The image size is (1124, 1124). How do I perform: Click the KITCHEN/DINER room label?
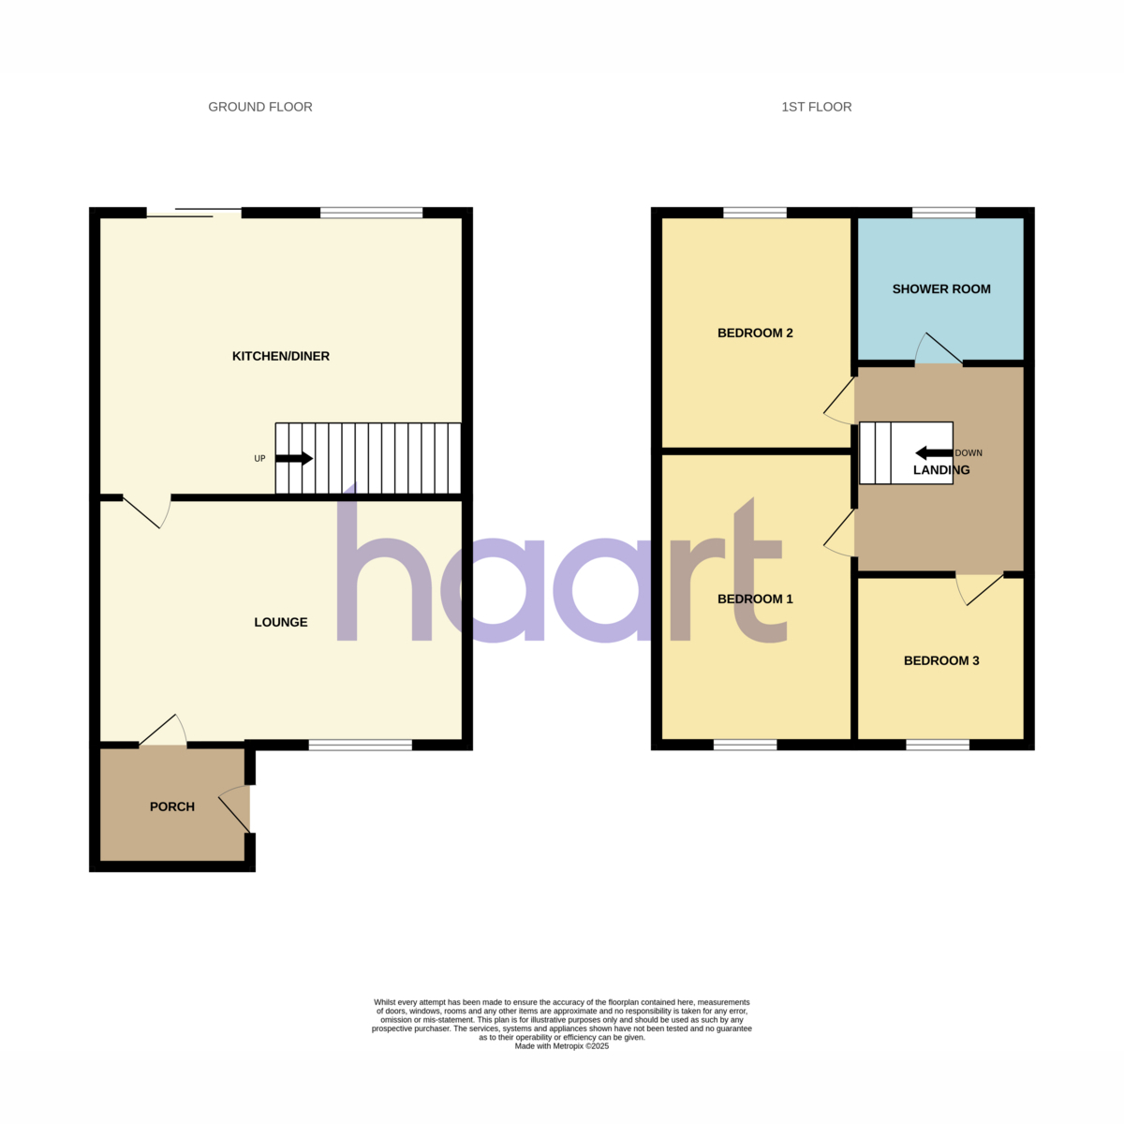[x=281, y=356]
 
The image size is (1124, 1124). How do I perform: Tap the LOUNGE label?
[x=281, y=622]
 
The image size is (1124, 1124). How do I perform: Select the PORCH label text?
[x=172, y=806]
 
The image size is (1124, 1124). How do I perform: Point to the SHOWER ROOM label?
[x=940, y=289]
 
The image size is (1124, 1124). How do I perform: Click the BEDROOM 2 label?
[x=755, y=333]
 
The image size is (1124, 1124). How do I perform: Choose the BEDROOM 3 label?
[x=940, y=661]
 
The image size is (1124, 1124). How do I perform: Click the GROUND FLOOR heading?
[x=260, y=108]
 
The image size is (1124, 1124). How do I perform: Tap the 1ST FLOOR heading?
[x=816, y=108]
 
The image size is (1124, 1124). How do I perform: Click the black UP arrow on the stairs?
[x=294, y=458]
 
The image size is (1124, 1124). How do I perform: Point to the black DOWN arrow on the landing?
[x=935, y=452]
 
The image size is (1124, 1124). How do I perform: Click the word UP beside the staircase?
[x=259, y=459]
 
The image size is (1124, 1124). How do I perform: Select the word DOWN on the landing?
[x=969, y=453]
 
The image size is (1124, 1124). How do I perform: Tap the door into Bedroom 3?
[x=983, y=590]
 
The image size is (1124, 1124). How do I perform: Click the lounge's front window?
[x=361, y=745]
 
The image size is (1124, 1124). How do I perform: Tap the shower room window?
[x=944, y=213]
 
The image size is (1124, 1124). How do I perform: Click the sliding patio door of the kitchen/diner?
[x=194, y=213]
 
